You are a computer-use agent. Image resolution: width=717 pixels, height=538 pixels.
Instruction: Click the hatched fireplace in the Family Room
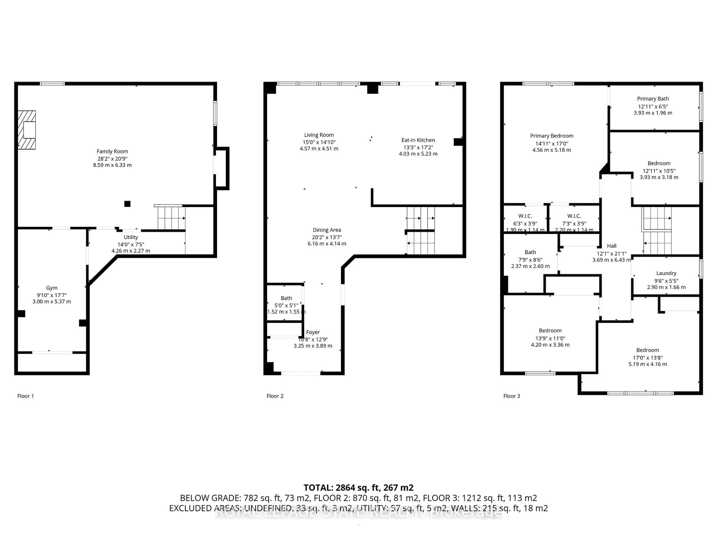pos(27,130)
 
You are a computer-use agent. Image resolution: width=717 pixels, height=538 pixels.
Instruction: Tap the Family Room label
pos(112,151)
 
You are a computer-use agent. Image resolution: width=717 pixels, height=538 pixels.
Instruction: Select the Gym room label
pos(52,288)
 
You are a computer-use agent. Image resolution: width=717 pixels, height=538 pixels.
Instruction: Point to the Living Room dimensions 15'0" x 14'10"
pos(319,142)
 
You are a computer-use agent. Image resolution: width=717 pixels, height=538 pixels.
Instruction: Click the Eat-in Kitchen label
pos(418,140)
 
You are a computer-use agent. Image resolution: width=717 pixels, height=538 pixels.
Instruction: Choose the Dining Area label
pos(327,230)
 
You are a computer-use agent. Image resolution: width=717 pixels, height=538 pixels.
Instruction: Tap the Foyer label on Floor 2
pos(313,332)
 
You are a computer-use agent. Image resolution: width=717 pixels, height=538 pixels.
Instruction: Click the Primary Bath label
pos(653,99)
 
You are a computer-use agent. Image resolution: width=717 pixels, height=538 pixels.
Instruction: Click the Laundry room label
pos(666,273)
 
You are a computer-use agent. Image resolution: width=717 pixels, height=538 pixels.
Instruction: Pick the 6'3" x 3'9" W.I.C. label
pos(525,216)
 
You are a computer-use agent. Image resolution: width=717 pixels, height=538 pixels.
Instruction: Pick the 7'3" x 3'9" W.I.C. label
pos(574,216)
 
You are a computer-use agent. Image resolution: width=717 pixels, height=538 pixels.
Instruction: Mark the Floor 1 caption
pos(25,396)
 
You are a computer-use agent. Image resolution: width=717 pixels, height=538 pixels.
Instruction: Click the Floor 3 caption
pos(511,396)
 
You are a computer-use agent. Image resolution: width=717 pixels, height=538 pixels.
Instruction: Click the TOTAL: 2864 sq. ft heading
pos(358,488)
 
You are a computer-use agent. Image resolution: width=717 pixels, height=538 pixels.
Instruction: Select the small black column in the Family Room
pos(127,204)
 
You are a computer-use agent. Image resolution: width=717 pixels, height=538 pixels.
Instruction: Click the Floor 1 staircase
pos(171,218)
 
